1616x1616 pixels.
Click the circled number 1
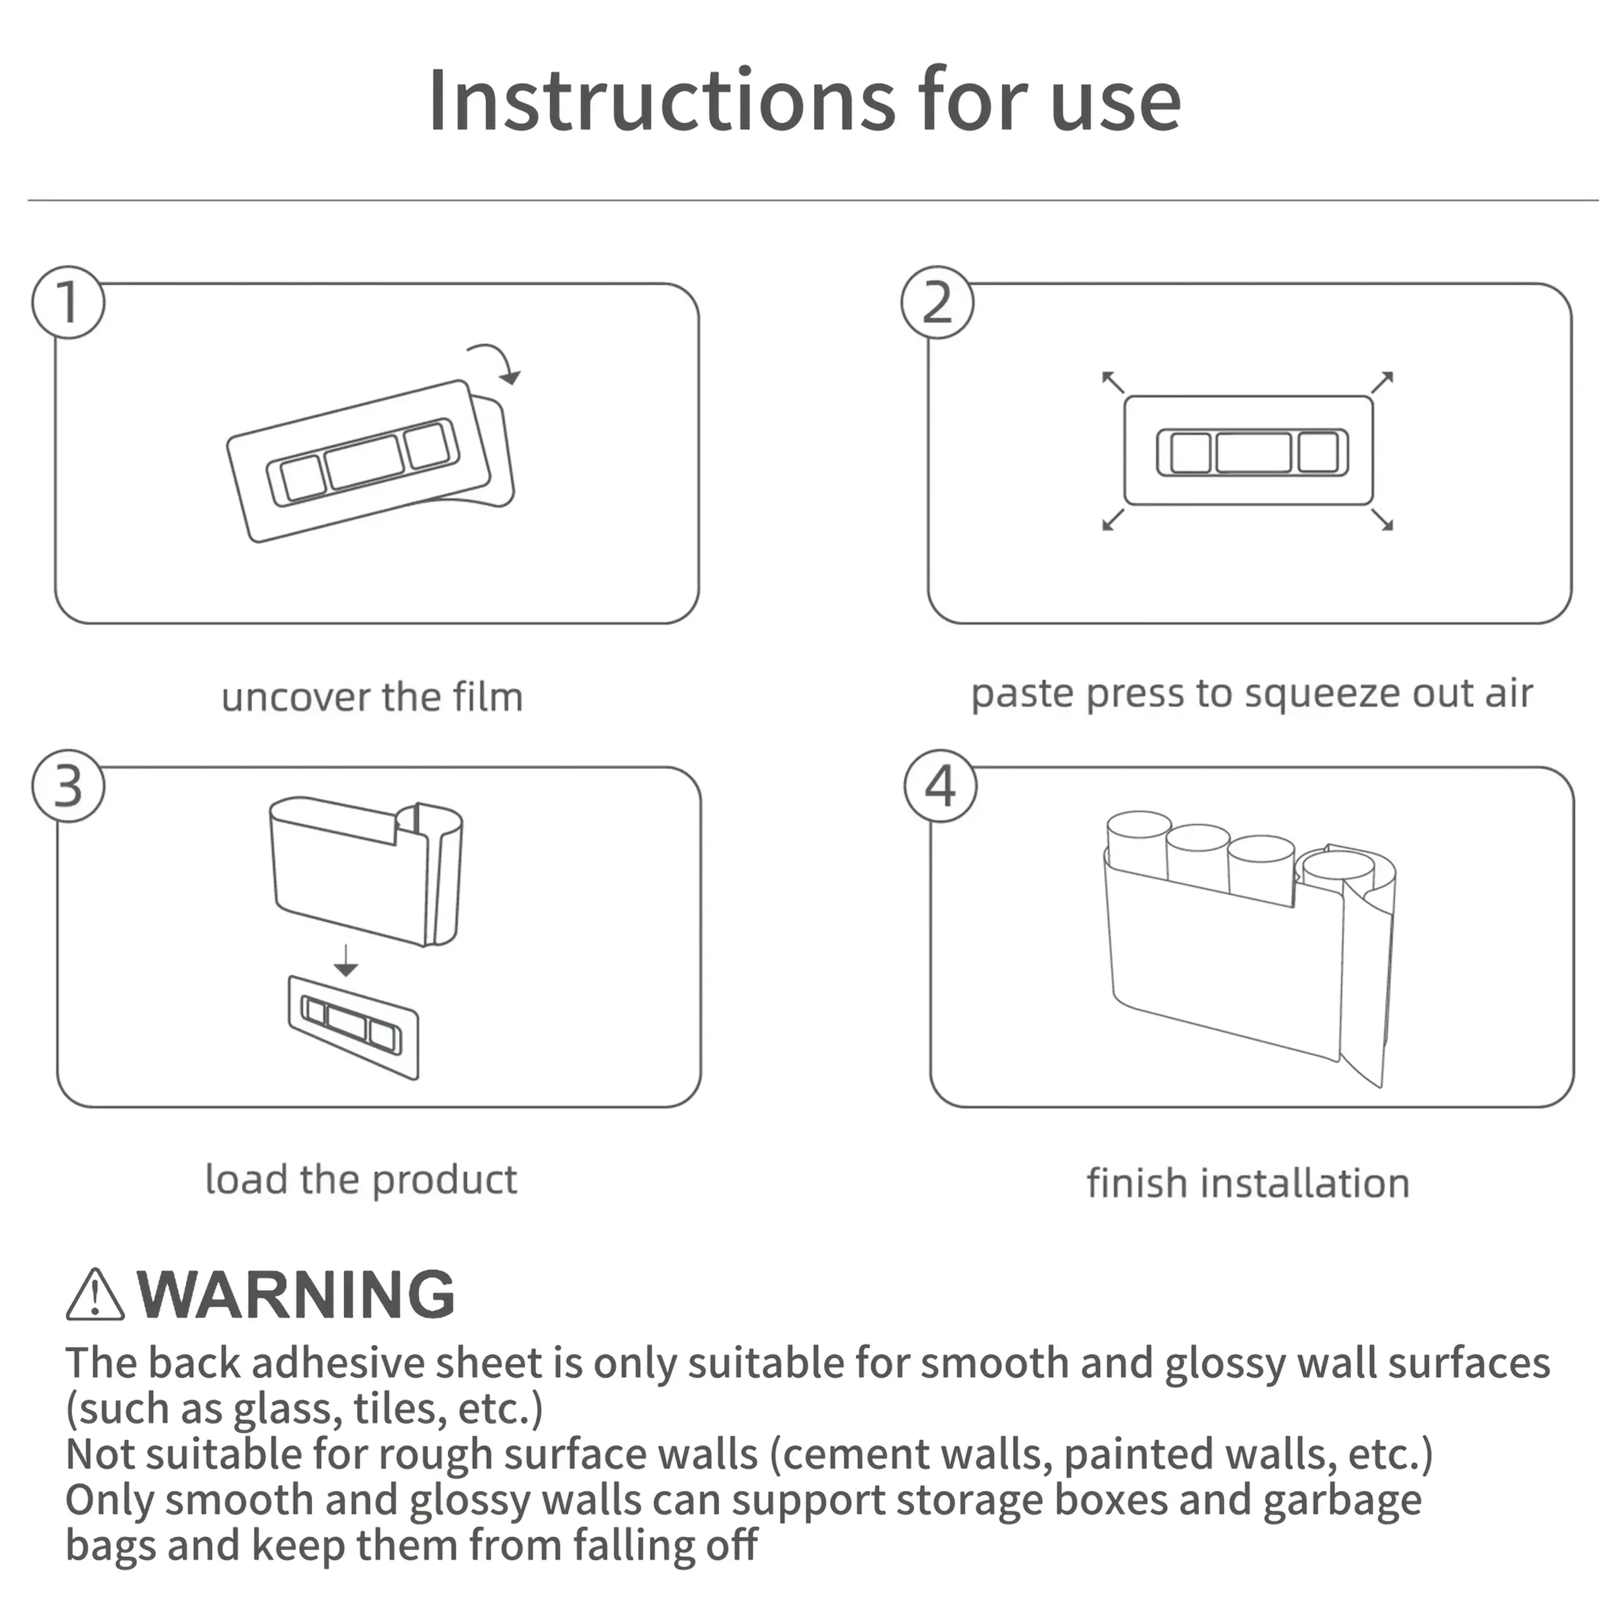68,302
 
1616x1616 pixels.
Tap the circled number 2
937,302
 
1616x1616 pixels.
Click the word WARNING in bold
296,1294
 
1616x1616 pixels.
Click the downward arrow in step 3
345,960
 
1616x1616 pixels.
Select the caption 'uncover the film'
372,697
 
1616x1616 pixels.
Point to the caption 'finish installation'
1248,1184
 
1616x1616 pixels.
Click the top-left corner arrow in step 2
1114,383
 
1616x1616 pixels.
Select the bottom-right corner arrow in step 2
1382,520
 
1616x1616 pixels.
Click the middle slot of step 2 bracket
1253,453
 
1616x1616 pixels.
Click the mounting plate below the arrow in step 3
353,1028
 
